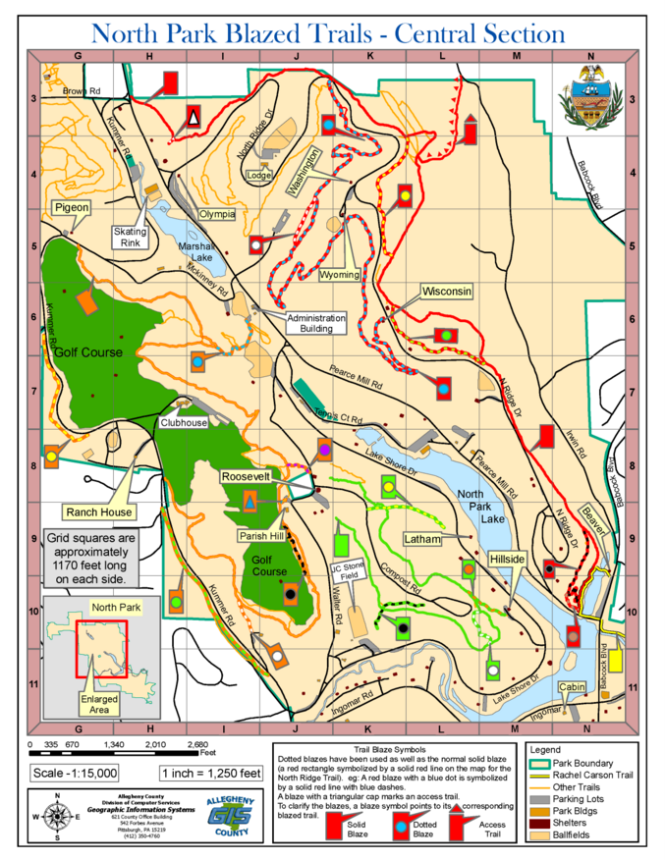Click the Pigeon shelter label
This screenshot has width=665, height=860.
point(72,208)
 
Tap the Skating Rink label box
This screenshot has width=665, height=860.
point(129,237)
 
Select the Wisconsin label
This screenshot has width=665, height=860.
point(447,292)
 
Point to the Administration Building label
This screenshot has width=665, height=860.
point(316,323)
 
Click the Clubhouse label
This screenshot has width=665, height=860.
point(185,422)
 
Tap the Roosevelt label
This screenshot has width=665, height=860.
point(250,475)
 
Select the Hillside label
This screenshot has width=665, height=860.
point(508,558)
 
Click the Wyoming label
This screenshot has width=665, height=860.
point(339,275)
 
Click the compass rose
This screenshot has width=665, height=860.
point(58,815)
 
